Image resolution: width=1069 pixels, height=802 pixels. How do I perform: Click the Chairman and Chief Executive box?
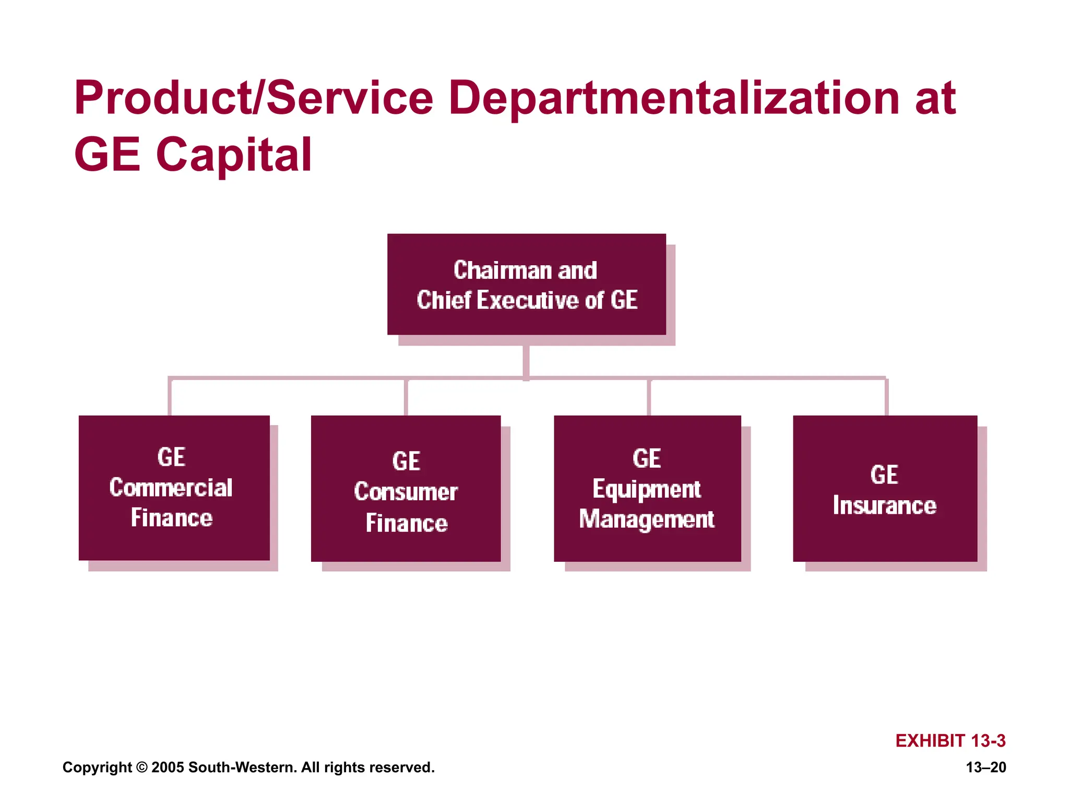click(526, 284)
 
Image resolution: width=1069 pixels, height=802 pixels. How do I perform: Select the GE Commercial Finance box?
click(174, 488)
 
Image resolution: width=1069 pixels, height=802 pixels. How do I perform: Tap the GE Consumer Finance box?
click(406, 488)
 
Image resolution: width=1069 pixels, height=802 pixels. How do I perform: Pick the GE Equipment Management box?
click(647, 488)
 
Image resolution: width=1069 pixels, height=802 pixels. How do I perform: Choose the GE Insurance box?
click(885, 488)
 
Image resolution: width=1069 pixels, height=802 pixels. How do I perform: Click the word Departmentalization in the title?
click(673, 98)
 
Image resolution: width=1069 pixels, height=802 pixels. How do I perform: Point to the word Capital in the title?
click(233, 155)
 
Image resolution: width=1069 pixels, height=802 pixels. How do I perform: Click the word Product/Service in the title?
click(254, 98)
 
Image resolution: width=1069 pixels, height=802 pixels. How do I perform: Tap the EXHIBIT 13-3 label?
click(950, 740)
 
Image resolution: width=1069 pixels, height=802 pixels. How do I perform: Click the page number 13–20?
click(985, 767)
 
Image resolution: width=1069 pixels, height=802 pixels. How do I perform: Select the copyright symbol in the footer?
click(141, 768)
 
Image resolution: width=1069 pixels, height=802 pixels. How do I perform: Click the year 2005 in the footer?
click(168, 768)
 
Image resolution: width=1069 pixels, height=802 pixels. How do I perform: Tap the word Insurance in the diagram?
click(884, 505)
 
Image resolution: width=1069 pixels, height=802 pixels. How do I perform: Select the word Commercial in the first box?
click(171, 488)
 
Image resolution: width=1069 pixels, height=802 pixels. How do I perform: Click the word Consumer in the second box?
click(406, 492)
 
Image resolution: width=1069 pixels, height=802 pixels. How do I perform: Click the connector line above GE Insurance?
click(886, 397)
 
